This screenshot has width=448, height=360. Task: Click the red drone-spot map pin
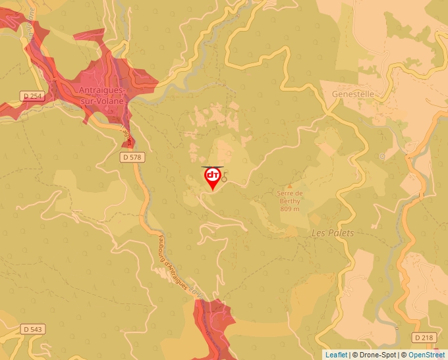pyautogui.click(x=212, y=178)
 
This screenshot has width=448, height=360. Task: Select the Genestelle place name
pyautogui.click(x=352, y=94)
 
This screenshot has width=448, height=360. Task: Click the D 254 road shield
pyautogui.click(x=32, y=96)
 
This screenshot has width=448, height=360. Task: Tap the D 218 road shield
pyautogui.click(x=425, y=337)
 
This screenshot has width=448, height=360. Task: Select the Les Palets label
pyautogui.click(x=332, y=233)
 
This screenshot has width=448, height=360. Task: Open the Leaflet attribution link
pyautogui.click(x=336, y=355)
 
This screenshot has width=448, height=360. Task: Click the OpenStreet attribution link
pyautogui.click(x=426, y=355)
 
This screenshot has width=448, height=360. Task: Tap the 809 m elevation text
pyautogui.click(x=290, y=209)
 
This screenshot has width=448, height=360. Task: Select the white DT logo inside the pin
pyautogui.click(x=212, y=175)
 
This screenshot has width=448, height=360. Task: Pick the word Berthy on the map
pyautogui.click(x=290, y=201)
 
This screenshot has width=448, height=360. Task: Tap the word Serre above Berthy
pyautogui.click(x=290, y=193)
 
